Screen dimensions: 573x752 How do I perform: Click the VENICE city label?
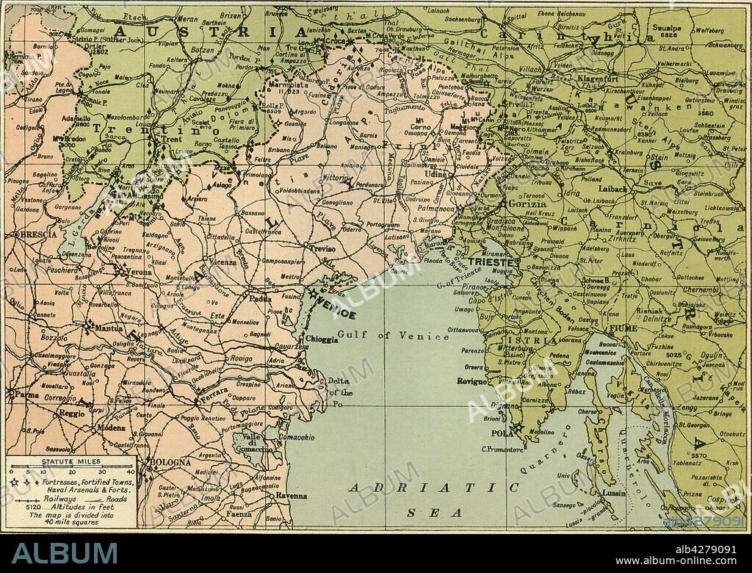pos(337,311)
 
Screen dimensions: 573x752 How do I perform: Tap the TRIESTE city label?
pos(488,262)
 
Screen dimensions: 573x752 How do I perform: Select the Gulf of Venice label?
pos(393,336)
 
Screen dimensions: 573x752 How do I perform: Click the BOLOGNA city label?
pos(170,463)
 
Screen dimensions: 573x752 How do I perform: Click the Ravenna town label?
pos(292,496)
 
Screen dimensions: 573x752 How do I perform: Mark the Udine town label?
pos(435,173)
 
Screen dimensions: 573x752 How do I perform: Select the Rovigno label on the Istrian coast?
pos(471,381)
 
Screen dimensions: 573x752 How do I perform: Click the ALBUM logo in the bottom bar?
pos(64,553)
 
